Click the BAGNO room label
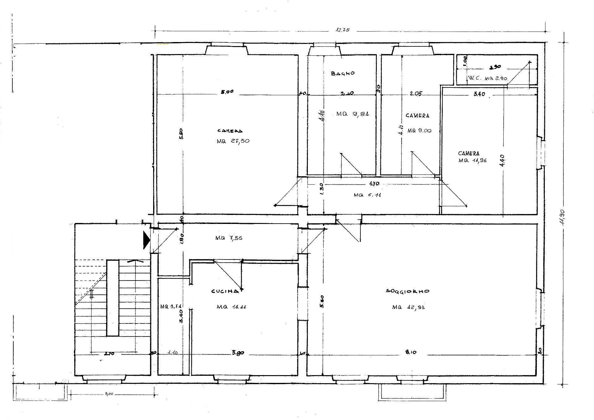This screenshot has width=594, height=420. tap(343, 74)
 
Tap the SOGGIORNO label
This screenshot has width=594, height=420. tap(407, 291)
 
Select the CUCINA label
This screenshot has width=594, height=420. tap(225, 291)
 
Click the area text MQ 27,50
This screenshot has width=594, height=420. tap(233, 141)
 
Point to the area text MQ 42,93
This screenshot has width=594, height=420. tap(408, 307)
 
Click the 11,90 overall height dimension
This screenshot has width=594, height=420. tap(562, 217)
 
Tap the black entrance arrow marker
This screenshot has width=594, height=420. tap(146, 240)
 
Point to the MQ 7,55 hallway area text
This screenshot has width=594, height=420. tap(229, 238)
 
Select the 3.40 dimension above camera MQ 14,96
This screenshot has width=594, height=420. tap(479, 94)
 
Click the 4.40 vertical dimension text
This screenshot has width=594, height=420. tap(502, 161)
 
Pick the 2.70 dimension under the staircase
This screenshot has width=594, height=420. tap(110, 354)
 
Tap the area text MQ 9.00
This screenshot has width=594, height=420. tap(419, 131)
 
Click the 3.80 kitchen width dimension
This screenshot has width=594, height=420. tap(238, 353)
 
